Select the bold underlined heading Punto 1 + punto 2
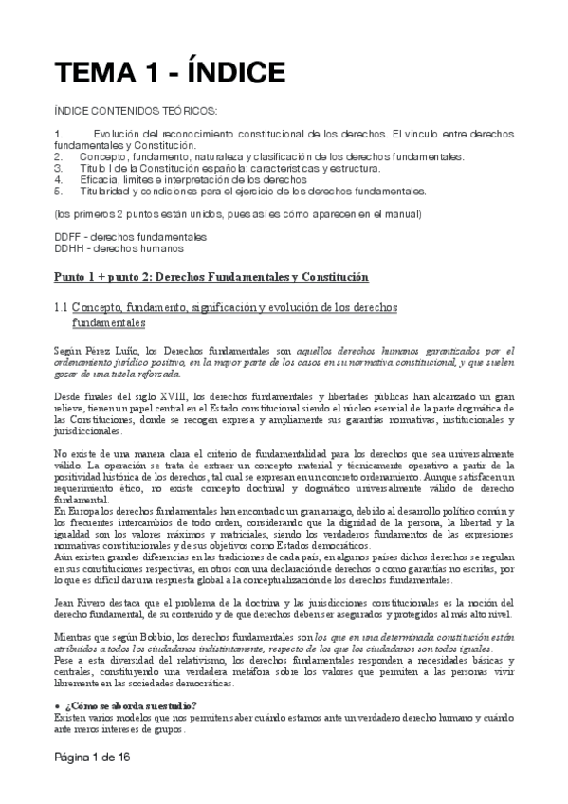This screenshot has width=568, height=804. [x=211, y=276]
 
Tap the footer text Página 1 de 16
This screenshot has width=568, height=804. [x=91, y=759]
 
